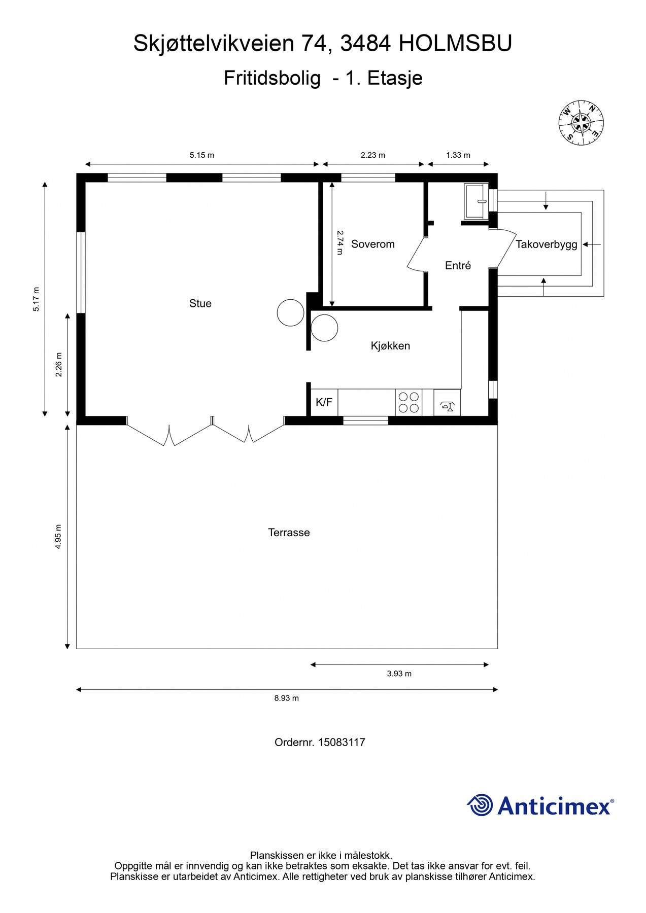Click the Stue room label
(200, 303)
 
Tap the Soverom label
(373, 244)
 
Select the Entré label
(458, 265)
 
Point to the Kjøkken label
(390, 346)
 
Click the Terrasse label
(289, 533)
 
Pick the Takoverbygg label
(547, 244)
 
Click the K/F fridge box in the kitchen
(324, 402)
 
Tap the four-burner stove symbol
(409, 402)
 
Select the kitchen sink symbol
(447, 402)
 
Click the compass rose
(581, 122)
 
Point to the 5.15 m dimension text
(202, 155)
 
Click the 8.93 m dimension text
(287, 698)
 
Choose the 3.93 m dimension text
(399, 674)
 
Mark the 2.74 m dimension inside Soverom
(340, 242)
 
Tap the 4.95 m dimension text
(58, 537)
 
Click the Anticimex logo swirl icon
(480, 805)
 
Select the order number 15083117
(342, 742)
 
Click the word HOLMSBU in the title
(455, 44)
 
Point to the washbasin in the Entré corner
(476, 201)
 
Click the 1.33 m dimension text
(458, 155)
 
